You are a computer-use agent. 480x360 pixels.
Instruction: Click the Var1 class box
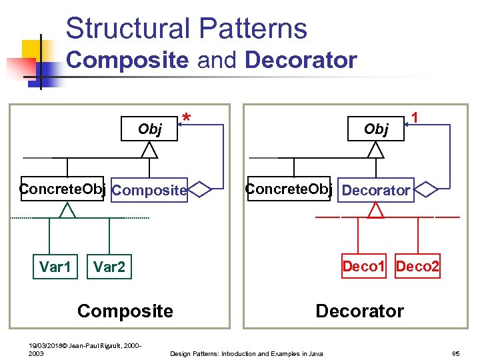tap(55, 267)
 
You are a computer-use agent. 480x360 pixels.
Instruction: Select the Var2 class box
tap(109, 267)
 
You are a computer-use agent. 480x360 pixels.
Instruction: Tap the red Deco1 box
tap(363, 267)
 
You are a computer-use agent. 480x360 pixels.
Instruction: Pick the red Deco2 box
tap(417, 267)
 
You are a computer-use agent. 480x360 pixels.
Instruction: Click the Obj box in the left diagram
tap(149, 129)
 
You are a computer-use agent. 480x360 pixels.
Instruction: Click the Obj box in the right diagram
tap(376, 129)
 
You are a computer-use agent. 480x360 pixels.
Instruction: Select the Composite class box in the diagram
tap(149, 191)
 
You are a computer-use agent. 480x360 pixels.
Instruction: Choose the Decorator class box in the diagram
tap(376, 190)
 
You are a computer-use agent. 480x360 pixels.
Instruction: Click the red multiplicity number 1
tap(415, 117)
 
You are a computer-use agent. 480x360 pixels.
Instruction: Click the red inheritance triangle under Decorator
tap(377, 210)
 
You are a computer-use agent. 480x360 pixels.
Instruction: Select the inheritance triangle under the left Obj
tap(150, 150)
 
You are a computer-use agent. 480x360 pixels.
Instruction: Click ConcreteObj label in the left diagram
tap(63, 189)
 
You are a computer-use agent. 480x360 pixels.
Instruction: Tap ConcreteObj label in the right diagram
tap(289, 189)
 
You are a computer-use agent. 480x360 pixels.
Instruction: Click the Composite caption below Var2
tap(125, 311)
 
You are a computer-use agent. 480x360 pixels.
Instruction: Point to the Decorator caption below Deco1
tap(359, 311)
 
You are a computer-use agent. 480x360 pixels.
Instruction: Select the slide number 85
tap(456, 353)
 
